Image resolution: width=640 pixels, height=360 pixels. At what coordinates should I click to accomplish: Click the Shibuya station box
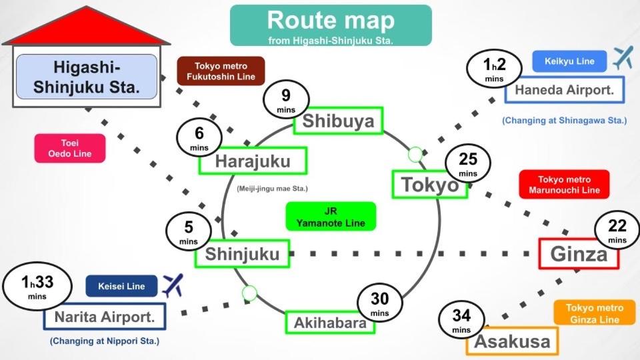339,121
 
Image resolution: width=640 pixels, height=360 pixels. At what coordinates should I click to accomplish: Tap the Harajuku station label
253,161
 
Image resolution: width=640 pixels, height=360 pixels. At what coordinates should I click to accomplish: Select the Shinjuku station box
237,253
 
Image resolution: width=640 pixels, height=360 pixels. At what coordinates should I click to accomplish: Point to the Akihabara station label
330,323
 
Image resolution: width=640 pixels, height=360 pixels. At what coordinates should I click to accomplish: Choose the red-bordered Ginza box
578,254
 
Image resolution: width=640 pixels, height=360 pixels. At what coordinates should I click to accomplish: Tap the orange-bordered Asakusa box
512,342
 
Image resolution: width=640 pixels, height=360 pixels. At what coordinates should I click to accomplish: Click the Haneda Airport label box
564,90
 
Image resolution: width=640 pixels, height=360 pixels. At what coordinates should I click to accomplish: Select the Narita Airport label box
104,317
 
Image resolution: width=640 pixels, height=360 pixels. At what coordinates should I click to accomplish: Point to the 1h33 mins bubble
37,287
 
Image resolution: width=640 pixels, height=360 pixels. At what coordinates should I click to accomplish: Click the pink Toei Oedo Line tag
70,148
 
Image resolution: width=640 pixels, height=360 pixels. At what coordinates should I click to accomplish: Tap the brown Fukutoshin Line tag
221,71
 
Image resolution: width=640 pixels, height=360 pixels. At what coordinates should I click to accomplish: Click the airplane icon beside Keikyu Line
623,58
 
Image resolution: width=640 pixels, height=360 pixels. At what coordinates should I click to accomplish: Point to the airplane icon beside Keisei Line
172,285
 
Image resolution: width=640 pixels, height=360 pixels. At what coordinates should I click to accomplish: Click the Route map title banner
331,25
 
